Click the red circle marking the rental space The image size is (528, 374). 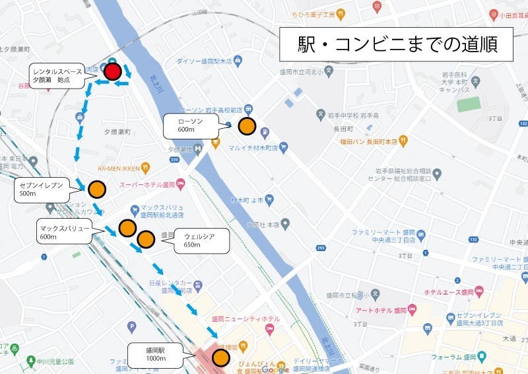(x=114, y=71)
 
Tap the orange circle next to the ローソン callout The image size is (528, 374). (x=247, y=126)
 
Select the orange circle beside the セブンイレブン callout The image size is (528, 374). (x=97, y=189)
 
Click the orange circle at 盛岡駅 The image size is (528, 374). (x=220, y=358)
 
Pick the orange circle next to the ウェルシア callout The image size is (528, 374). (x=146, y=238)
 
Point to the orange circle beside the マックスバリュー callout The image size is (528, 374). (x=127, y=229)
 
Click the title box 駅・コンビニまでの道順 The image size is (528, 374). (x=396, y=45)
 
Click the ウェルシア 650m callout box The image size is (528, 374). (x=201, y=241)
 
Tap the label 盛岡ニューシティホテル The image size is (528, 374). (x=245, y=319)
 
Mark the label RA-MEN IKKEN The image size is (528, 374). (x=117, y=168)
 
